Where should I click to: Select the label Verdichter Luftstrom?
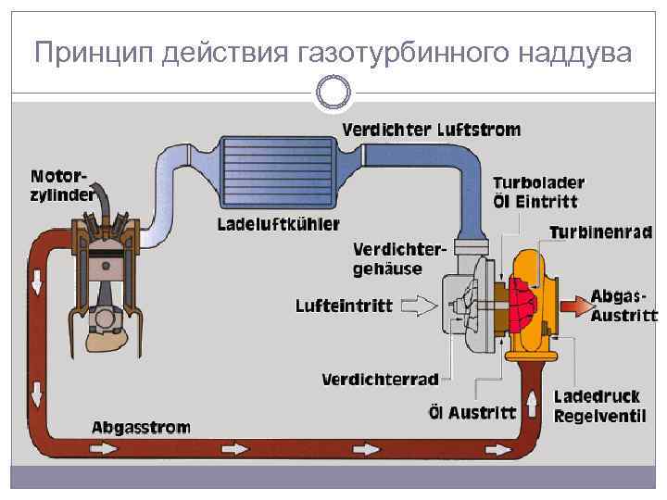pos(432,131)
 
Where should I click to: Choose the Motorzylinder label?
pos(61,184)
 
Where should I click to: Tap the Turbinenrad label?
pos(601,232)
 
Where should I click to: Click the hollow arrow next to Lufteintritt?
pos(420,304)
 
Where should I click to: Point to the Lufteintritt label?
pos(345,305)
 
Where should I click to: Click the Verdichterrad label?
pos(380,379)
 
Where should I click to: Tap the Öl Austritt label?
pos(472,412)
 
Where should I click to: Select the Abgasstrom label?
pos(141,428)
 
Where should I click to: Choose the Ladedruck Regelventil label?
pos(599,406)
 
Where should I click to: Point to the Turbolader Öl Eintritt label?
pos(538,192)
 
